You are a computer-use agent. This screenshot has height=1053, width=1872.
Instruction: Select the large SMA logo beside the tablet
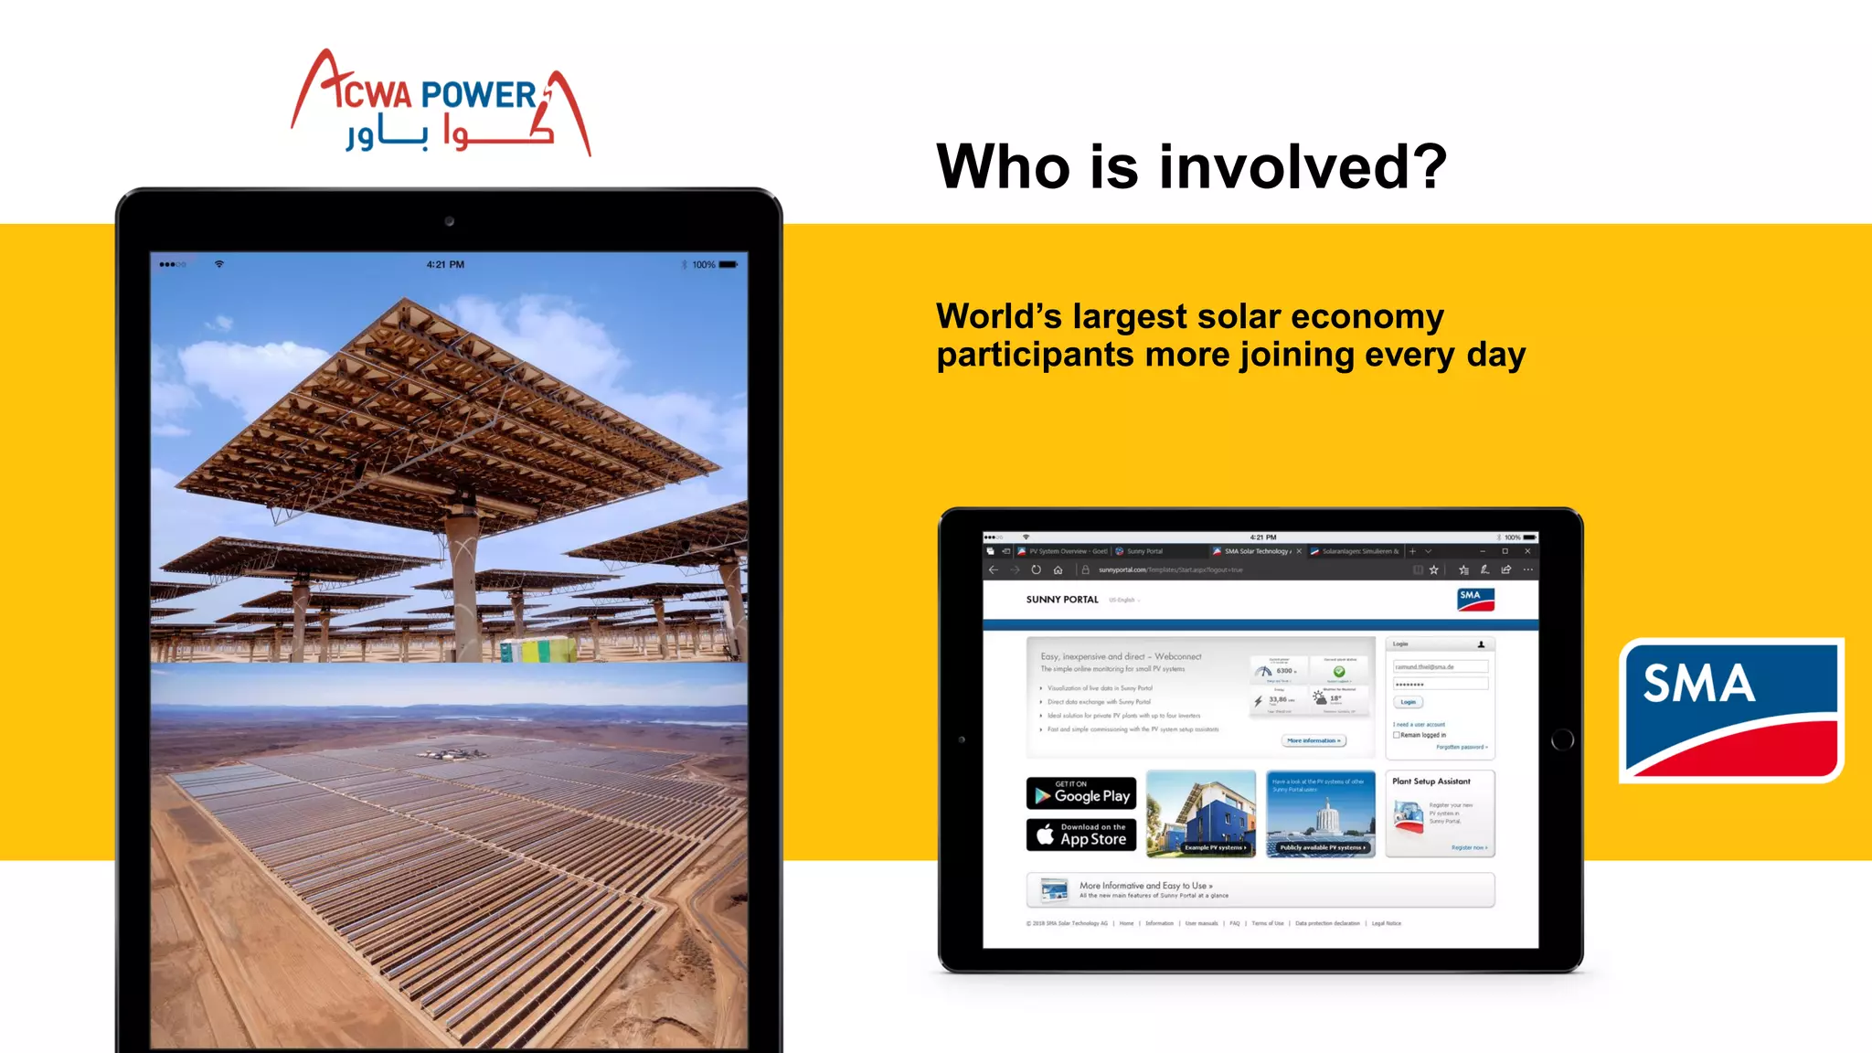[1731, 710]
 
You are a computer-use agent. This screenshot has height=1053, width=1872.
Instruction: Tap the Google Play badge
[1081, 793]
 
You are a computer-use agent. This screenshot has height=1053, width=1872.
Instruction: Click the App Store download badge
[1081, 835]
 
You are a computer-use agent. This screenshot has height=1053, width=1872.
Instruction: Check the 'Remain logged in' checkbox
[1396, 735]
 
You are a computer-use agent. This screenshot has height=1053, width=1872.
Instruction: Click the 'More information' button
[1314, 740]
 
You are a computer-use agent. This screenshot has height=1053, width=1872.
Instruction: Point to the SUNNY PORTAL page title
[1062, 600]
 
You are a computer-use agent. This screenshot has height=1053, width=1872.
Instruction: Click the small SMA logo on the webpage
[1475, 599]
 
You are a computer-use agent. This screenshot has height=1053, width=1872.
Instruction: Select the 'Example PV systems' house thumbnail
[1201, 814]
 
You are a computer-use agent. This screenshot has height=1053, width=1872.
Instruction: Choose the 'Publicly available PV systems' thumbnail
[1320, 814]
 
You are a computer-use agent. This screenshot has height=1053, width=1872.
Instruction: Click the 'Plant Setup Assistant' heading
[1431, 782]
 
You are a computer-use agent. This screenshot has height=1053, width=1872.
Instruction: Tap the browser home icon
[1058, 569]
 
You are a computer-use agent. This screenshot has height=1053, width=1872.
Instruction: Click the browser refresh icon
[1036, 569]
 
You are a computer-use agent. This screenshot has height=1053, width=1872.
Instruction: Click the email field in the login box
[1441, 667]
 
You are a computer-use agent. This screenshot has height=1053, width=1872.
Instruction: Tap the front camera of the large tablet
[449, 221]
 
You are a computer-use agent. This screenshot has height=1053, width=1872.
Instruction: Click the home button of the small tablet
[1562, 739]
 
